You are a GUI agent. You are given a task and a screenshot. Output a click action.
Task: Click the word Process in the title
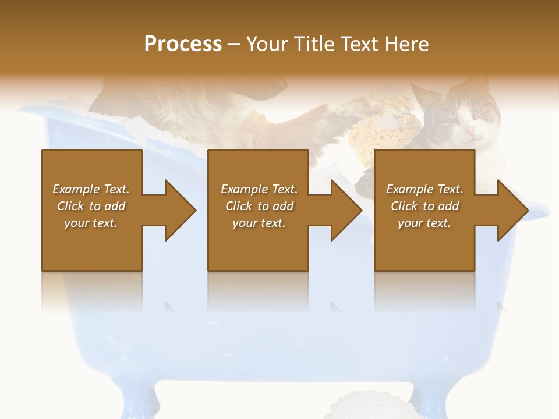(x=183, y=44)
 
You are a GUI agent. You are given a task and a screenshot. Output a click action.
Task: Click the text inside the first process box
(x=91, y=206)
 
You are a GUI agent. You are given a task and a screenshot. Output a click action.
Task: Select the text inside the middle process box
(x=259, y=206)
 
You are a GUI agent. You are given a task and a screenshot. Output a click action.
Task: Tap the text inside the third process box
(x=424, y=206)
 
